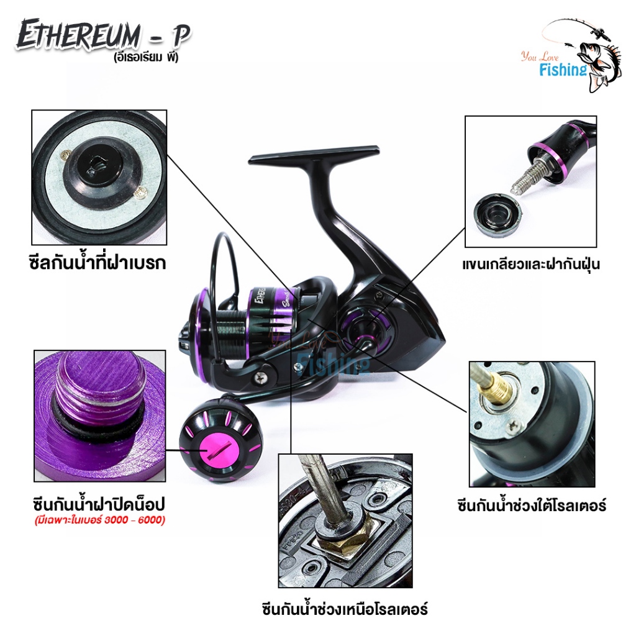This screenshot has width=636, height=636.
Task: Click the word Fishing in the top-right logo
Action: pyautogui.click(x=562, y=70)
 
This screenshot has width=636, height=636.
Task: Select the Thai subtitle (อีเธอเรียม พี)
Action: pyautogui.click(x=146, y=58)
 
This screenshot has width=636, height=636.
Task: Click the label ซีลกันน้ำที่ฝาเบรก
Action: pyautogui.click(x=98, y=263)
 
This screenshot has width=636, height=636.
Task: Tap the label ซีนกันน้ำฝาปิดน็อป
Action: pyautogui.click(x=99, y=505)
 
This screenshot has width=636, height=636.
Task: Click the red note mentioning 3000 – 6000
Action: pyautogui.click(x=100, y=520)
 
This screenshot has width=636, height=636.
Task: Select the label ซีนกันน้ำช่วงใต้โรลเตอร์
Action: pyautogui.click(x=532, y=506)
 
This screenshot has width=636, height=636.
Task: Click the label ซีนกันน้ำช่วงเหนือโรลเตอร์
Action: pyautogui.click(x=345, y=609)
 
